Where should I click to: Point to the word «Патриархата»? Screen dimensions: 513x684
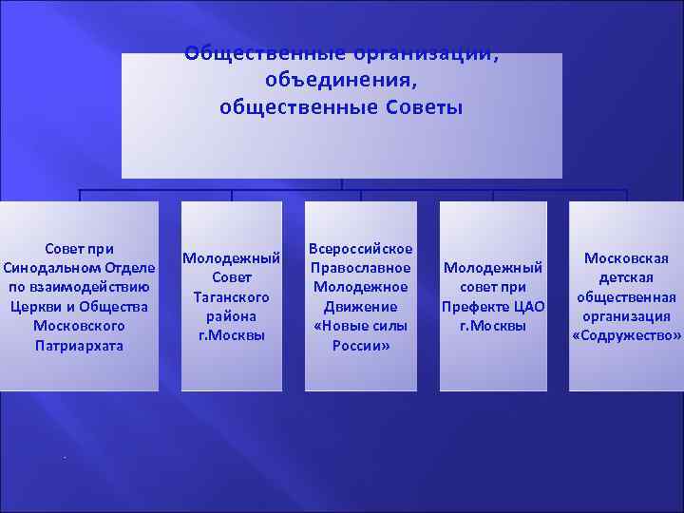tap(80, 346)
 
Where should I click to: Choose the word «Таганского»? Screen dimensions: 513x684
tap(232, 297)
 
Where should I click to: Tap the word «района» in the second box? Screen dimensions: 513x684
tap(232, 316)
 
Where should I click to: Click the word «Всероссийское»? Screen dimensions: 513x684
tap(361, 249)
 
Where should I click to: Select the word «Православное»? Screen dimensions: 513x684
tap(361, 268)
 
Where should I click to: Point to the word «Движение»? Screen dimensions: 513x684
tap(361, 307)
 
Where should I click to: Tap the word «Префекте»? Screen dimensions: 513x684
tap(474, 307)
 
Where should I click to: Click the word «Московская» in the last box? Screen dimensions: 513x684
tap(626, 258)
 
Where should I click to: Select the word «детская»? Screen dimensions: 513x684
tap(626, 277)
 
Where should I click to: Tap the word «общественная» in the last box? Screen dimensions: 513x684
tap(626, 297)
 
